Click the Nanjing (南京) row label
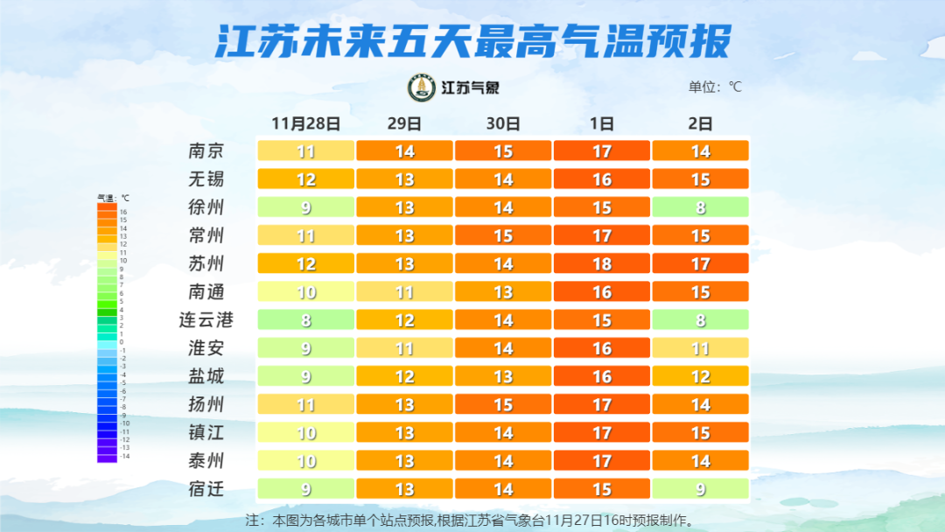pos(206,150)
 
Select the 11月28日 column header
pos(305,123)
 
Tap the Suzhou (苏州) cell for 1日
pos(602,263)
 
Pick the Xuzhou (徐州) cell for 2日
pos(700,207)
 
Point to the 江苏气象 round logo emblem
pos(422,87)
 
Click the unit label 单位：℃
pos(715,87)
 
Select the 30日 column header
pos(503,123)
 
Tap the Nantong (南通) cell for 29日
pos(404,291)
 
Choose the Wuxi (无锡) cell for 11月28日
pos(305,179)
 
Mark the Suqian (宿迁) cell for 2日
pos(700,488)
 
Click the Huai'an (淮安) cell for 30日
pos(503,348)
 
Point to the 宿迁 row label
pos(206,488)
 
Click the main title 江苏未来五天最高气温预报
pos(472,41)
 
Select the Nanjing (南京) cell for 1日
pos(602,150)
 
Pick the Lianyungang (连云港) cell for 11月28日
pos(305,319)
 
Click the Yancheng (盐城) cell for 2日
pos(700,376)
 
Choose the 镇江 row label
pos(206,432)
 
